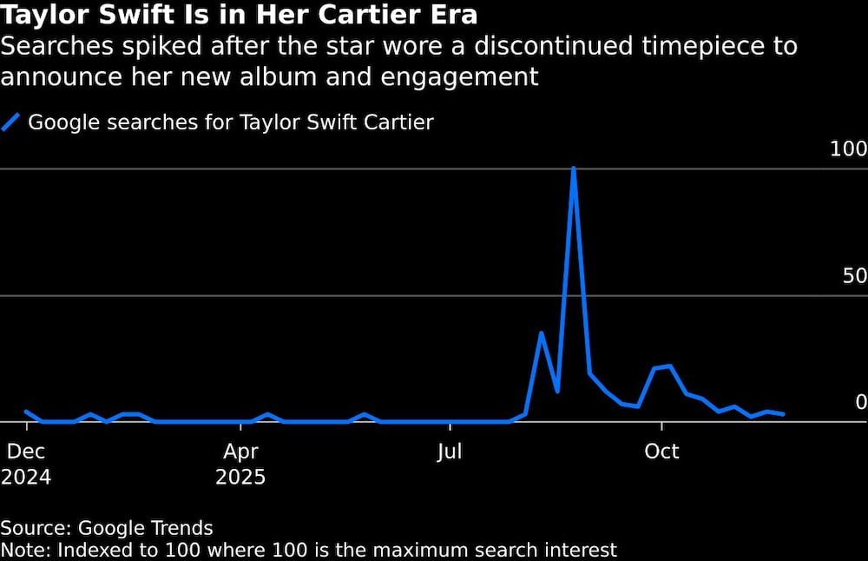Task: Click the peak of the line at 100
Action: [574, 168]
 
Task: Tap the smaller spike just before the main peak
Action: [542, 333]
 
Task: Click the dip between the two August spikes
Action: [557, 391]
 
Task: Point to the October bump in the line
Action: [669, 366]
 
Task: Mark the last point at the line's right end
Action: [784, 414]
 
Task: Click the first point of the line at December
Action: [26, 412]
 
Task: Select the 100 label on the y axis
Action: [848, 149]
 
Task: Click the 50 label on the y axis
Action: [855, 276]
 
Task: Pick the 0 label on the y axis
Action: [861, 402]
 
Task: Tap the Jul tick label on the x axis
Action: [450, 452]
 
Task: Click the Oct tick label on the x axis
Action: [661, 452]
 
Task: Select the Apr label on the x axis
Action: [240, 452]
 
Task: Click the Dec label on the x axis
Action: [26, 452]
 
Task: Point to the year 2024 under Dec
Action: [26, 478]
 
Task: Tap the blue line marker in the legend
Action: [11, 122]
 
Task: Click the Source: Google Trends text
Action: [107, 528]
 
